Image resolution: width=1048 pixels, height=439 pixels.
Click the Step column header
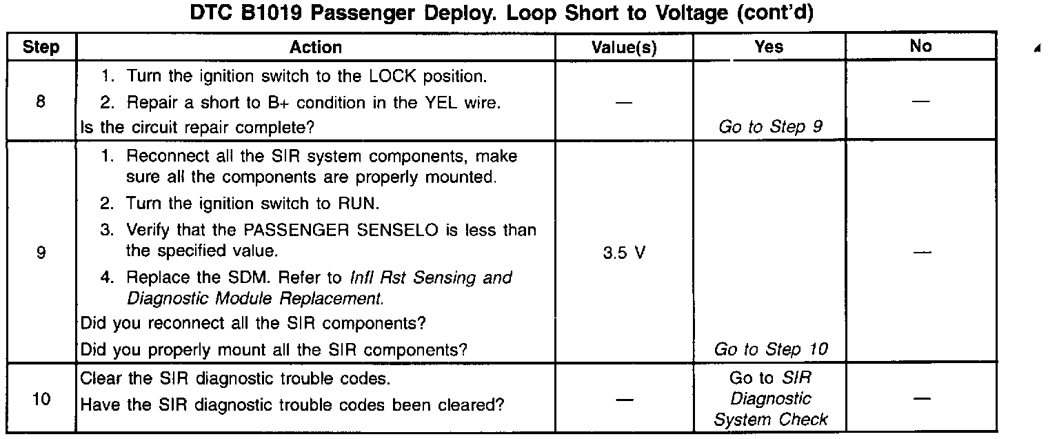(41, 48)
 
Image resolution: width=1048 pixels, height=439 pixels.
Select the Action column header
(316, 48)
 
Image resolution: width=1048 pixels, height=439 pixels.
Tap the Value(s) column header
(624, 48)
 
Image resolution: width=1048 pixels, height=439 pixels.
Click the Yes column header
(769, 47)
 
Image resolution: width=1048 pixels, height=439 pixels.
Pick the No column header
(920, 47)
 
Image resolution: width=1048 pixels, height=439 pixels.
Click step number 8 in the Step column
(41, 102)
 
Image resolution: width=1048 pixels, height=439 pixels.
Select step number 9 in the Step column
(41, 253)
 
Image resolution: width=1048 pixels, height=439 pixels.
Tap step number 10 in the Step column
(41, 400)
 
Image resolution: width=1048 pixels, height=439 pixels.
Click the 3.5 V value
(624, 253)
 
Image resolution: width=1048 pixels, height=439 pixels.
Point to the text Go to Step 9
(770, 128)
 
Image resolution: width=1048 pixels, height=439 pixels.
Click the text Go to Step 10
(771, 350)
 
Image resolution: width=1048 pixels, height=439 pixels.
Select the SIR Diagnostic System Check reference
(770, 399)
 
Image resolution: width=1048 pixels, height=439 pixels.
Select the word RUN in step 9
(359, 204)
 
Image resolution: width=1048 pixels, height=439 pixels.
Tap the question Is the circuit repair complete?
(199, 128)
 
